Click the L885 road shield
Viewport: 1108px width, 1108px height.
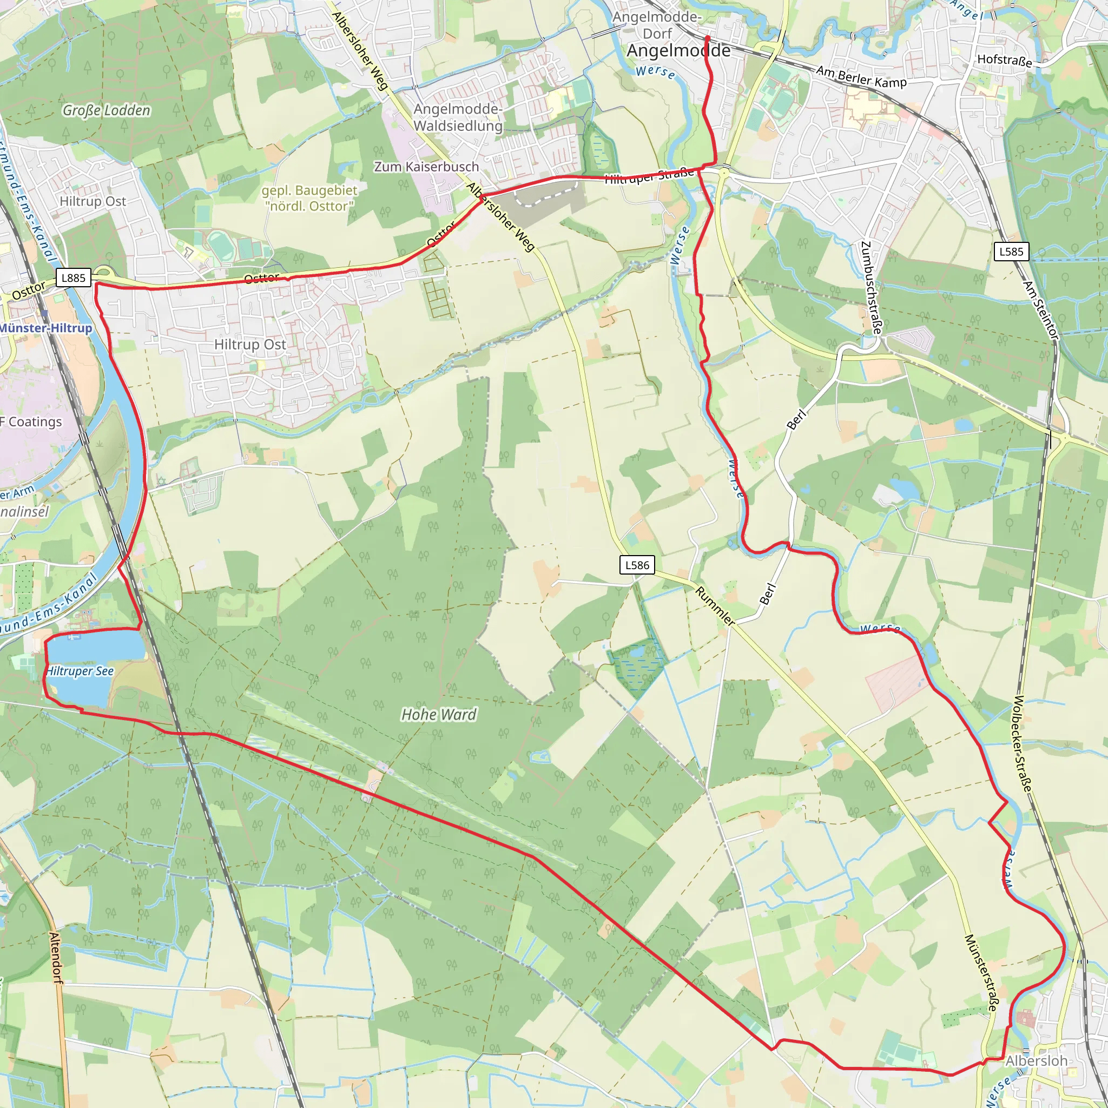pyautogui.click(x=74, y=278)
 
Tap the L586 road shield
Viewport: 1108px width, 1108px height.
pyautogui.click(x=637, y=565)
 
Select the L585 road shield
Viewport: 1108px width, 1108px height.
pyautogui.click(x=1011, y=251)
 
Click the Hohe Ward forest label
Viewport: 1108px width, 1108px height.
pyautogui.click(x=439, y=715)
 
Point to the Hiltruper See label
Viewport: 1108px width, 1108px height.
pyautogui.click(x=80, y=671)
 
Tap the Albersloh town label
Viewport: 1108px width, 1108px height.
pyautogui.click(x=1036, y=1061)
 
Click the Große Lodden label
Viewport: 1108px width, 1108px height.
pyautogui.click(x=106, y=110)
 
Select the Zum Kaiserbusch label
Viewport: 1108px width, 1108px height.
pyautogui.click(x=426, y=167)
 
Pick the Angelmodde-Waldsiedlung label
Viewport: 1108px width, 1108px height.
pyautogui.click(x=458, y=117)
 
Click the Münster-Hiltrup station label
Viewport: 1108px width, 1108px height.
pyautogui.click(x=46, y=328)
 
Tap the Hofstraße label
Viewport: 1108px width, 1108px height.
pyautogui.click(x=1004, y=60)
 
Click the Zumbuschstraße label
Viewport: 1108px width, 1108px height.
pyautogui.click(x=871, y=288)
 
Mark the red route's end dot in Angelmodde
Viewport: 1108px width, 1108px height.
pyautogui.click(x=707, y=38)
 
